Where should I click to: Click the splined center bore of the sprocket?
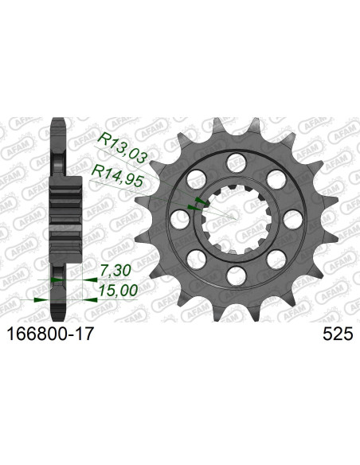(x=233, y=219)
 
